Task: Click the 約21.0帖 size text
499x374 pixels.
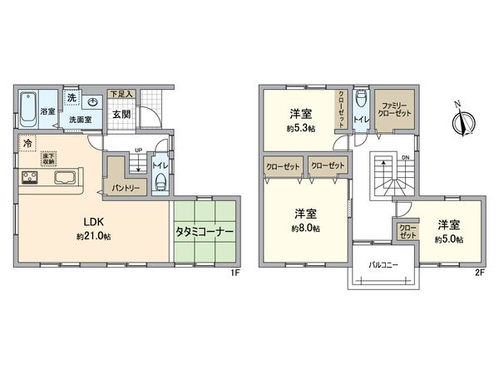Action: [92, 237]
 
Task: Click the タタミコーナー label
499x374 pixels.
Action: [205, 232]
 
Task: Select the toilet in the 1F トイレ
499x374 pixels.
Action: [160, 185]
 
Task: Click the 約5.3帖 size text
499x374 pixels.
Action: [302, 129]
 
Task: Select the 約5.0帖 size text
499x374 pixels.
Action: [448, 239]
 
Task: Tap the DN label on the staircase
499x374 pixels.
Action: [403, 157]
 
